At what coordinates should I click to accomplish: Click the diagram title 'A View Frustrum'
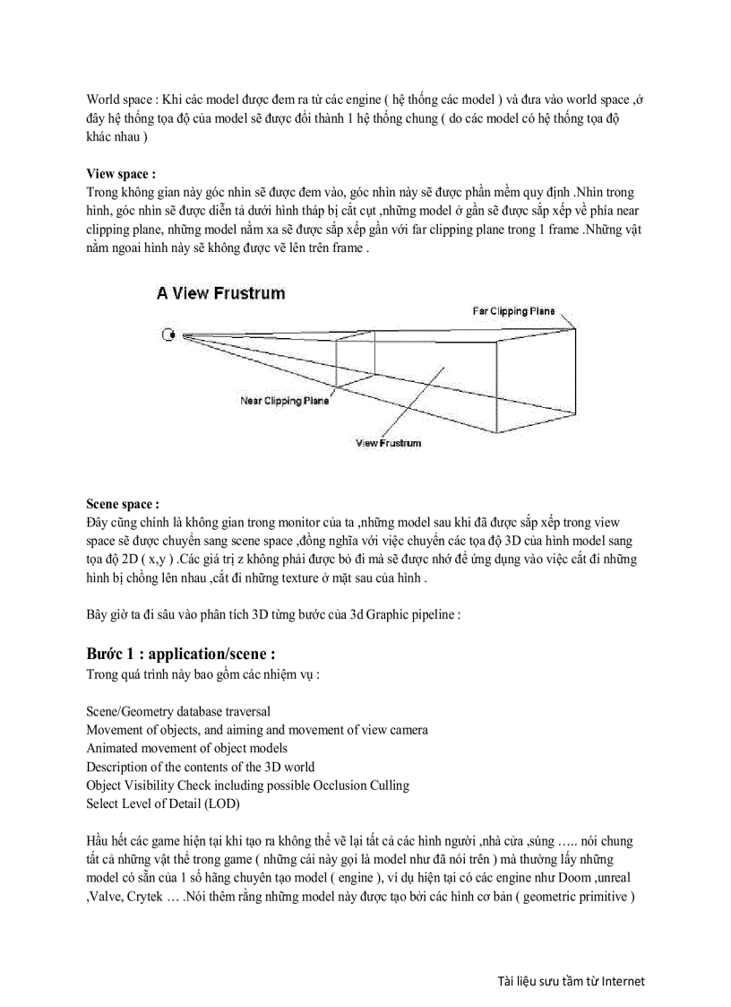click(220, 293)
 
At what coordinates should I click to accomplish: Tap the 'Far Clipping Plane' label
click(513, 311)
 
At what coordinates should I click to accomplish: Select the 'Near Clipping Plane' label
click(284, 401)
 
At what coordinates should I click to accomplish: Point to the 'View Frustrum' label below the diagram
click(388, 443)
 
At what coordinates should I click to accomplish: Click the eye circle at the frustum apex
click(168, 335)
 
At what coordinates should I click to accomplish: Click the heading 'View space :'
click(121, 173)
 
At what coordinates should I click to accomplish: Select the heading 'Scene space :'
click(123, 504)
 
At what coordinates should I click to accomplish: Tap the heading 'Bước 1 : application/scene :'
click(180, 654)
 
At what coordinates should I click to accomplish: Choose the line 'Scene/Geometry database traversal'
click(178, 711)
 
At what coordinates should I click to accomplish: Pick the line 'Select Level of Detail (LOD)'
click(163, 804)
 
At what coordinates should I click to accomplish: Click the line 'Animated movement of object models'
click(186, 748)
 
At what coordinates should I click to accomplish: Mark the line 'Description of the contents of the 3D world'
click(200, 767)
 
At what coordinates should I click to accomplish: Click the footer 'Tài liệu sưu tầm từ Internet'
click(571, 980)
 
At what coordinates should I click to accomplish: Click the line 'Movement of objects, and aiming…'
click(256, 730)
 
